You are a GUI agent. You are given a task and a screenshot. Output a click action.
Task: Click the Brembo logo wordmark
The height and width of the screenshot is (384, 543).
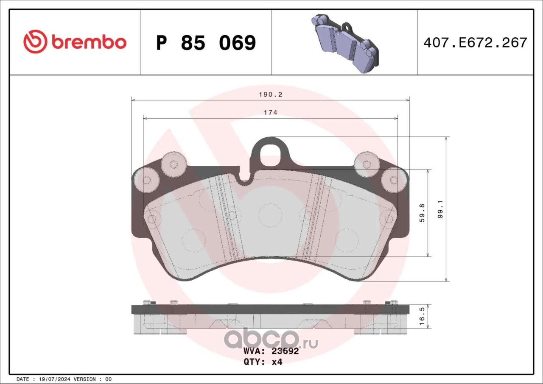[89, 43]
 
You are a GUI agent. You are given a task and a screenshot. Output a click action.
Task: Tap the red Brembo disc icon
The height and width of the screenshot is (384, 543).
[35, 42]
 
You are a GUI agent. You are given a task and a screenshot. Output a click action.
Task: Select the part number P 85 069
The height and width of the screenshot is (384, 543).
[206, 43]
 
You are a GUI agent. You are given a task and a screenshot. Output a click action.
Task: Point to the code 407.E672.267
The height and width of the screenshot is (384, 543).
[476, 43]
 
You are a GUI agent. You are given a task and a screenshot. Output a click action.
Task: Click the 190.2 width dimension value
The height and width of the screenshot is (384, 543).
[271, 95]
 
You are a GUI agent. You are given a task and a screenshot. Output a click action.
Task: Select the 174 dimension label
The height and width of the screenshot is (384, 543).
[271, 113]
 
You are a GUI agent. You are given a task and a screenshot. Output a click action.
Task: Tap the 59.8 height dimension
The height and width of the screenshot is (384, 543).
[422, 213]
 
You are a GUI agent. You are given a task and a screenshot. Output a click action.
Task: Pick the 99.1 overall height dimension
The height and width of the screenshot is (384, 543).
[440, 209]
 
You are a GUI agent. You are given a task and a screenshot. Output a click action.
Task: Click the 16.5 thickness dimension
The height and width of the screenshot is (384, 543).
[422, 317]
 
